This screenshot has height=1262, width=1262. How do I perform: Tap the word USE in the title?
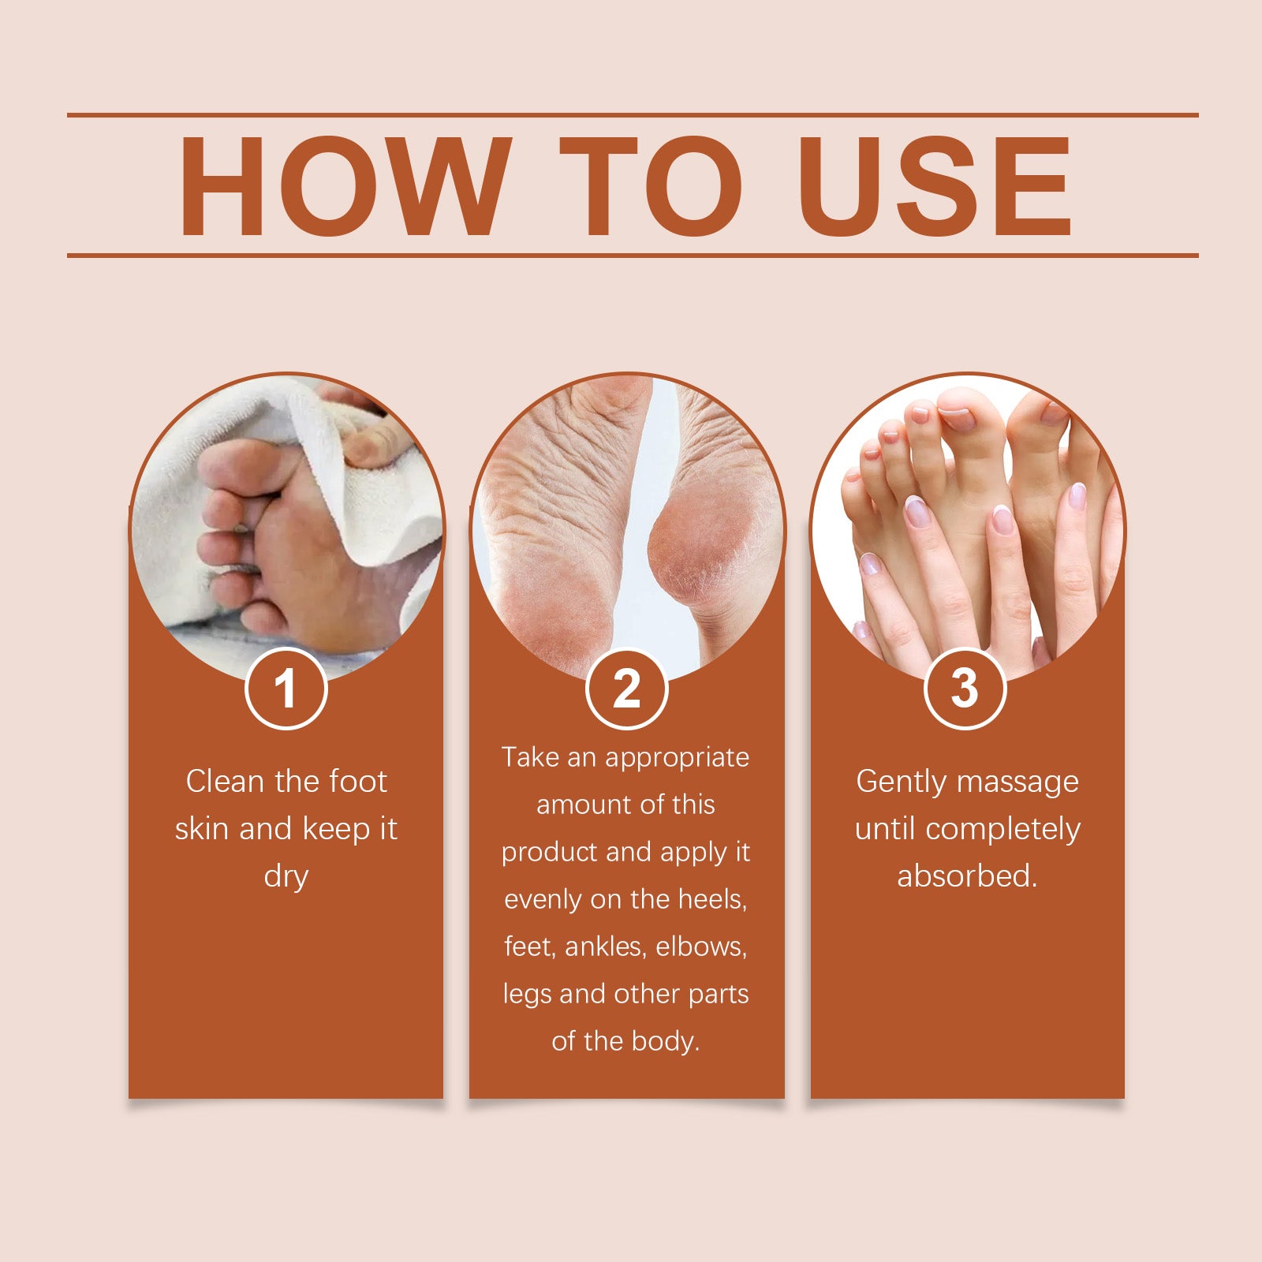click(x=935, y=186)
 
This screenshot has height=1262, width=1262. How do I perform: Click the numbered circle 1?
click(x=286, y=689)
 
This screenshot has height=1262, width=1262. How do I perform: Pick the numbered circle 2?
click(x=627, y=689)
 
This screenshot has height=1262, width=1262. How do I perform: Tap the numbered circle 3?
click(x=965, y=689)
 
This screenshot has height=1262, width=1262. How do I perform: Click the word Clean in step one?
click(x=224, y=781)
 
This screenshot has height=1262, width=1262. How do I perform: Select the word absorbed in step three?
click(x=967, y=876)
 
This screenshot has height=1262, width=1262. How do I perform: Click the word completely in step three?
click(x=1003, y=830)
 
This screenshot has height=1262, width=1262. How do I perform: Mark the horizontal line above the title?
click(x=633, y=115)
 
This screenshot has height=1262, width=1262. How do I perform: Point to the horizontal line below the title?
click(x=633, y=256)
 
